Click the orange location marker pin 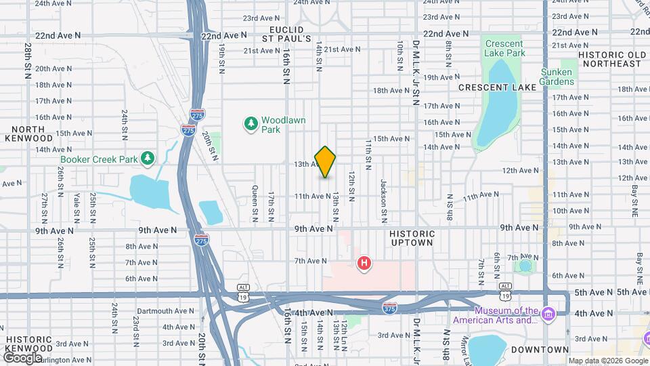tap(326, 162)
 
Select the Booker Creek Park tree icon tap(148, 159)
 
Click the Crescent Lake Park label tap(504, 48)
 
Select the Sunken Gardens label tap(557, 77)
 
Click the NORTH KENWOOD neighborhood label tap(28, 134)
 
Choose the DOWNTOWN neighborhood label tap(540, 350)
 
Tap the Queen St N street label tap(255, 203)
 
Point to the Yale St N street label tap(77, 208)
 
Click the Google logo tap(22, 358)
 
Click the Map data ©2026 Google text tap(607, 361)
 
